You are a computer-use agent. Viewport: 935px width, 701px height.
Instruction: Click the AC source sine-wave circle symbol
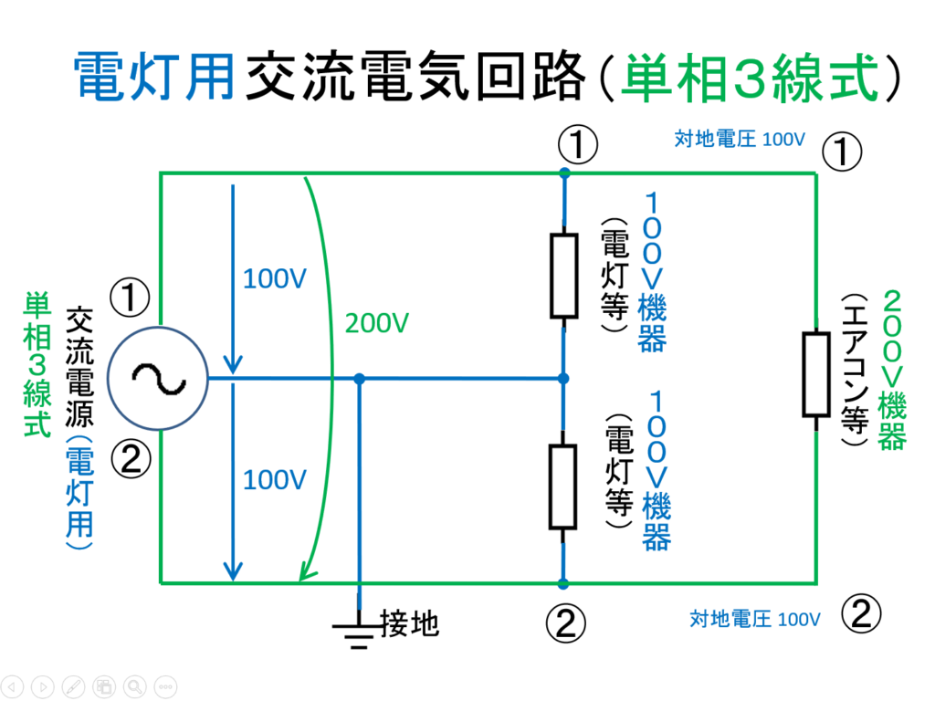tap(158, 378)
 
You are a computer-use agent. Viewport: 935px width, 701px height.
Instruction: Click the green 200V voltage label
tap(376, 323)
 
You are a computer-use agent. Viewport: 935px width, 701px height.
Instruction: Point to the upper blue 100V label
tap(273, 280)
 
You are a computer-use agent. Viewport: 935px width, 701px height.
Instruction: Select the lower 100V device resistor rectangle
tap(563, 487)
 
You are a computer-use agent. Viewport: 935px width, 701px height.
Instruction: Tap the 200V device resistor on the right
tap(815, 374)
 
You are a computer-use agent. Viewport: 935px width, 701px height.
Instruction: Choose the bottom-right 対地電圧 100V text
tap(755, 620)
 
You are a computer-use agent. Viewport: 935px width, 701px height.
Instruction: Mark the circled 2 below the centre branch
tap(565, 623)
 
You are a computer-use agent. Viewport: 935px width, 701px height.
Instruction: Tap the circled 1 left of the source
tap(130, 297)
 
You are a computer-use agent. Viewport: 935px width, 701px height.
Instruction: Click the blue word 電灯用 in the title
tap(154, 78)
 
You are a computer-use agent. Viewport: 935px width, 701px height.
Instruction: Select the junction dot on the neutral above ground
tap(360, 378)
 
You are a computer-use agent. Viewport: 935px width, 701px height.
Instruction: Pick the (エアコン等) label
tap(855, 370)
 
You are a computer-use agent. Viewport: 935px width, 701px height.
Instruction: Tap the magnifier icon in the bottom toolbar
tap(135, 685)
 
